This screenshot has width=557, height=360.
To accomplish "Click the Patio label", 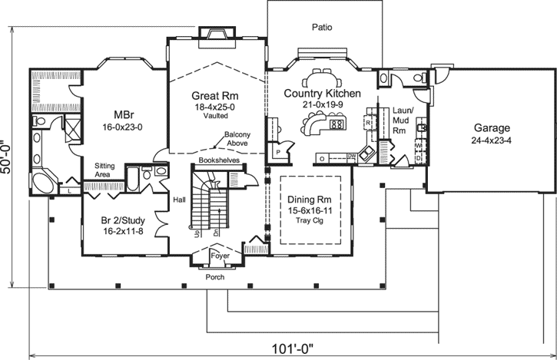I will pyautogui.click(x=322, y=27).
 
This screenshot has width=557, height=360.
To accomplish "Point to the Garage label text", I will pyautogui.click(x=492, y=128).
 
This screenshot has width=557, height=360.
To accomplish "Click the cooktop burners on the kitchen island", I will pyautogui.click(x=336, y=124).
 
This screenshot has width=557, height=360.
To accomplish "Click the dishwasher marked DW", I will pyautogui.click(x=350, y=157).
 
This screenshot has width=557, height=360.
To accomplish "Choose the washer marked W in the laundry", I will pyautogui.click(x=419, y=144).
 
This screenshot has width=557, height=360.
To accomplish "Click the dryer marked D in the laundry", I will pyautogui.click(x=419, y=158).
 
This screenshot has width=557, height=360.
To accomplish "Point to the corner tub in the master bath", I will pyautogui.click(x=43, y=183).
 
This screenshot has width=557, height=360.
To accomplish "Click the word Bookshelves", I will pyautogui.click(x=216, y=160).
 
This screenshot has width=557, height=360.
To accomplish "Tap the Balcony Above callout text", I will pyautogui.click(x=237, y=139).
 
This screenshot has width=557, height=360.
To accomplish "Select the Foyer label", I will pyautogui.click(x=220, y=256).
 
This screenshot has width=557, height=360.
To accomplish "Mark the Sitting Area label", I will pyautogui.click(x=105, y=170).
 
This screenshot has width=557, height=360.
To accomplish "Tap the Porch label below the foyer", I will pyautogui.click(x=215, y=277).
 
